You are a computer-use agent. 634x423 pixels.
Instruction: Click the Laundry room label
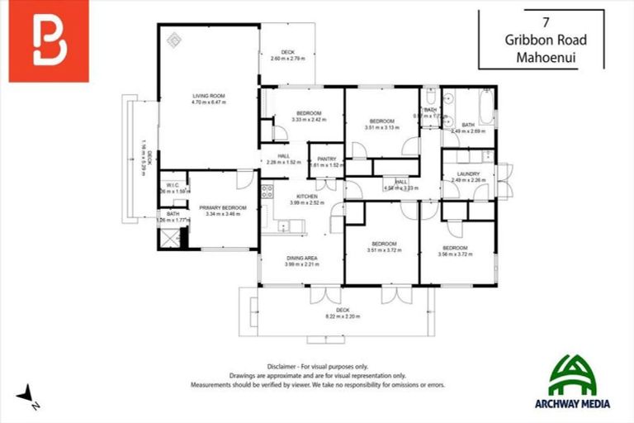click(468, 173)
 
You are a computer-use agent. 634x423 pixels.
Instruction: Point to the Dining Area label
click(301, 259)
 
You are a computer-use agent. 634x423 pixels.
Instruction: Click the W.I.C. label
click(173, 185)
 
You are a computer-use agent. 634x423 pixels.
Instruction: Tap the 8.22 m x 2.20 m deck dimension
click(343, 316)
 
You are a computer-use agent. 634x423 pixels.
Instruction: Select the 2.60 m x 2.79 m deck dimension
click(287, 59)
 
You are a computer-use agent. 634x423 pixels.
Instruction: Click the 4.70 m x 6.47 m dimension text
click(208, 103)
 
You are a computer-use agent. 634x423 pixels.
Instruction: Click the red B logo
click(49, 42)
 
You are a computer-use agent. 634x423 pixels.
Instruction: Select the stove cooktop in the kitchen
click(267, 192)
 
